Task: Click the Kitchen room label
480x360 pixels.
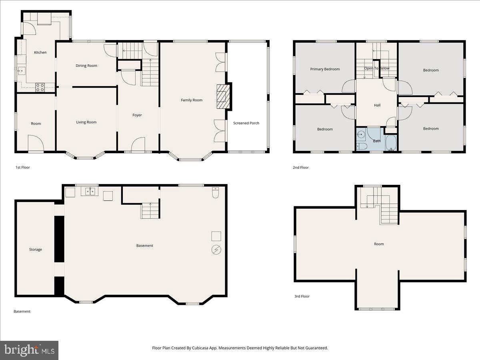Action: tap(40, 52)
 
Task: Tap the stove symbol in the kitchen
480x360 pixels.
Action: tap(40, 87)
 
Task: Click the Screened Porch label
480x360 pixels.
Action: tap(246, 123)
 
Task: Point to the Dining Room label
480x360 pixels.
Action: tap(86, 66)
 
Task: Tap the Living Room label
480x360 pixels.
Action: tap(86, 122)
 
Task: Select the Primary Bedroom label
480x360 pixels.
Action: tap(325, 69)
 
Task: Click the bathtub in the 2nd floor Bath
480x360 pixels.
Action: tap(390, 143)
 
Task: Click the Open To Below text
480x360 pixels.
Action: tap(376, 68)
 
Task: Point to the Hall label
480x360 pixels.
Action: tap(377, 105)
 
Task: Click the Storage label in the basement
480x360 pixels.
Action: tap(35, 250)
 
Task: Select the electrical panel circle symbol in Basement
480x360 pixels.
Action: tap(216, 250)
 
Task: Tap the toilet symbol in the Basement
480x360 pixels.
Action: tap(216, 193)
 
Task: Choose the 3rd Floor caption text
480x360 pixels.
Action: tap(302, 296)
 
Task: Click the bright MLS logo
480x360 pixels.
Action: tap(29, 350)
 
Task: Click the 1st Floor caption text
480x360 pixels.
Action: tap(23, 168)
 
